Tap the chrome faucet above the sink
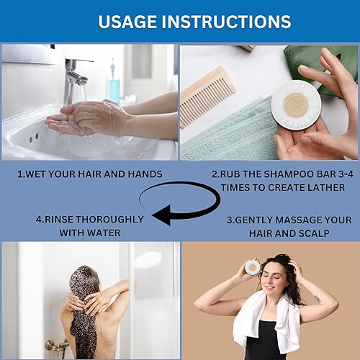73,72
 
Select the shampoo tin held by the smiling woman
252,268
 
